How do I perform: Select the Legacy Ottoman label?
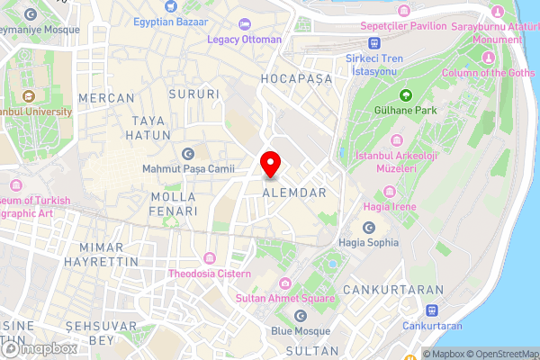click(x=244, y=40)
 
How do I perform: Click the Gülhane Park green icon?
click(x=405, y=94)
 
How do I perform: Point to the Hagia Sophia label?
click(x=368, y=241)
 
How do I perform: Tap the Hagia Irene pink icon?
click(x=389, y=190)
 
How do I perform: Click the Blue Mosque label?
click(x=301, y=330)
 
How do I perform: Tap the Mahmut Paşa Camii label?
click(x=189, y=168)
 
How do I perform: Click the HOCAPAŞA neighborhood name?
click(x=296, y=79)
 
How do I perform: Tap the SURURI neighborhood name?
click(x=194, y=94)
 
